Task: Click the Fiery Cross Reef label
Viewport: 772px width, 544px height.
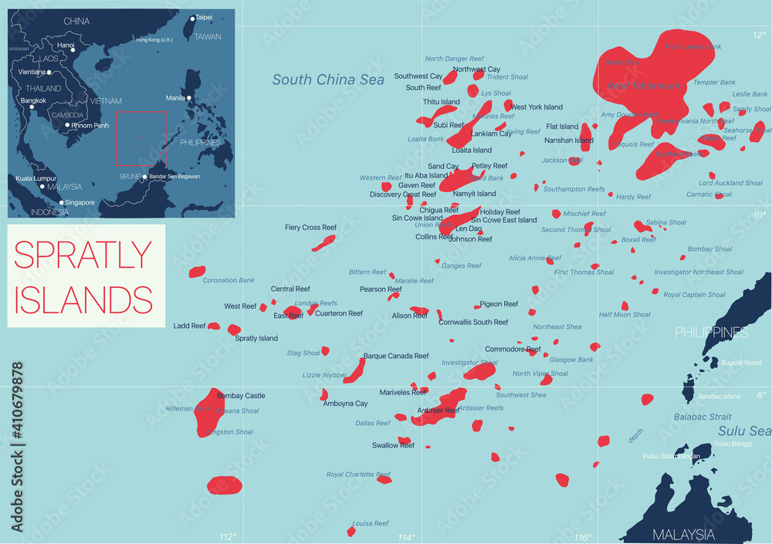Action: [x=310, y=228]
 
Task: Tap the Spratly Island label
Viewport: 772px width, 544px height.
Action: [x=256, y=338]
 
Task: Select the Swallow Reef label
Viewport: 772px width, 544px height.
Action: [x=393, y=445]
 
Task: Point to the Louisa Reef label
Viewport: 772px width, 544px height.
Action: [x=370, y=523]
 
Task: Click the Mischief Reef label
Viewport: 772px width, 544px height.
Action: [x=584, y=214]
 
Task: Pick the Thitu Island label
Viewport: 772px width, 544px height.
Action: [x=441, y=102]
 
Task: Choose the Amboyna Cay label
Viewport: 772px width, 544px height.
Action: [x=345, y=404]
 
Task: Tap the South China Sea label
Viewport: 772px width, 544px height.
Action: [x=328, y=79]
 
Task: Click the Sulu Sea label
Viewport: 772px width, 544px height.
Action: [x=744, y=431]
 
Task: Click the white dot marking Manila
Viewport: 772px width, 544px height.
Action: [x=190, y=98]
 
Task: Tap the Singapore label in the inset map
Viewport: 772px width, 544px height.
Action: [x=80, y=203]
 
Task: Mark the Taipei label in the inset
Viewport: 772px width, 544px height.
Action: [x=204, y=17]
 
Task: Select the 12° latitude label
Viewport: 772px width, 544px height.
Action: [x=760, y=35]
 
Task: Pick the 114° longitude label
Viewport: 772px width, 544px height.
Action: [x=405, y=537]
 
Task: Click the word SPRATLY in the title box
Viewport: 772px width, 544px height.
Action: [x=83, y=255]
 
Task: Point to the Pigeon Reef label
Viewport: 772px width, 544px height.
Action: [x=499, y=304]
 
